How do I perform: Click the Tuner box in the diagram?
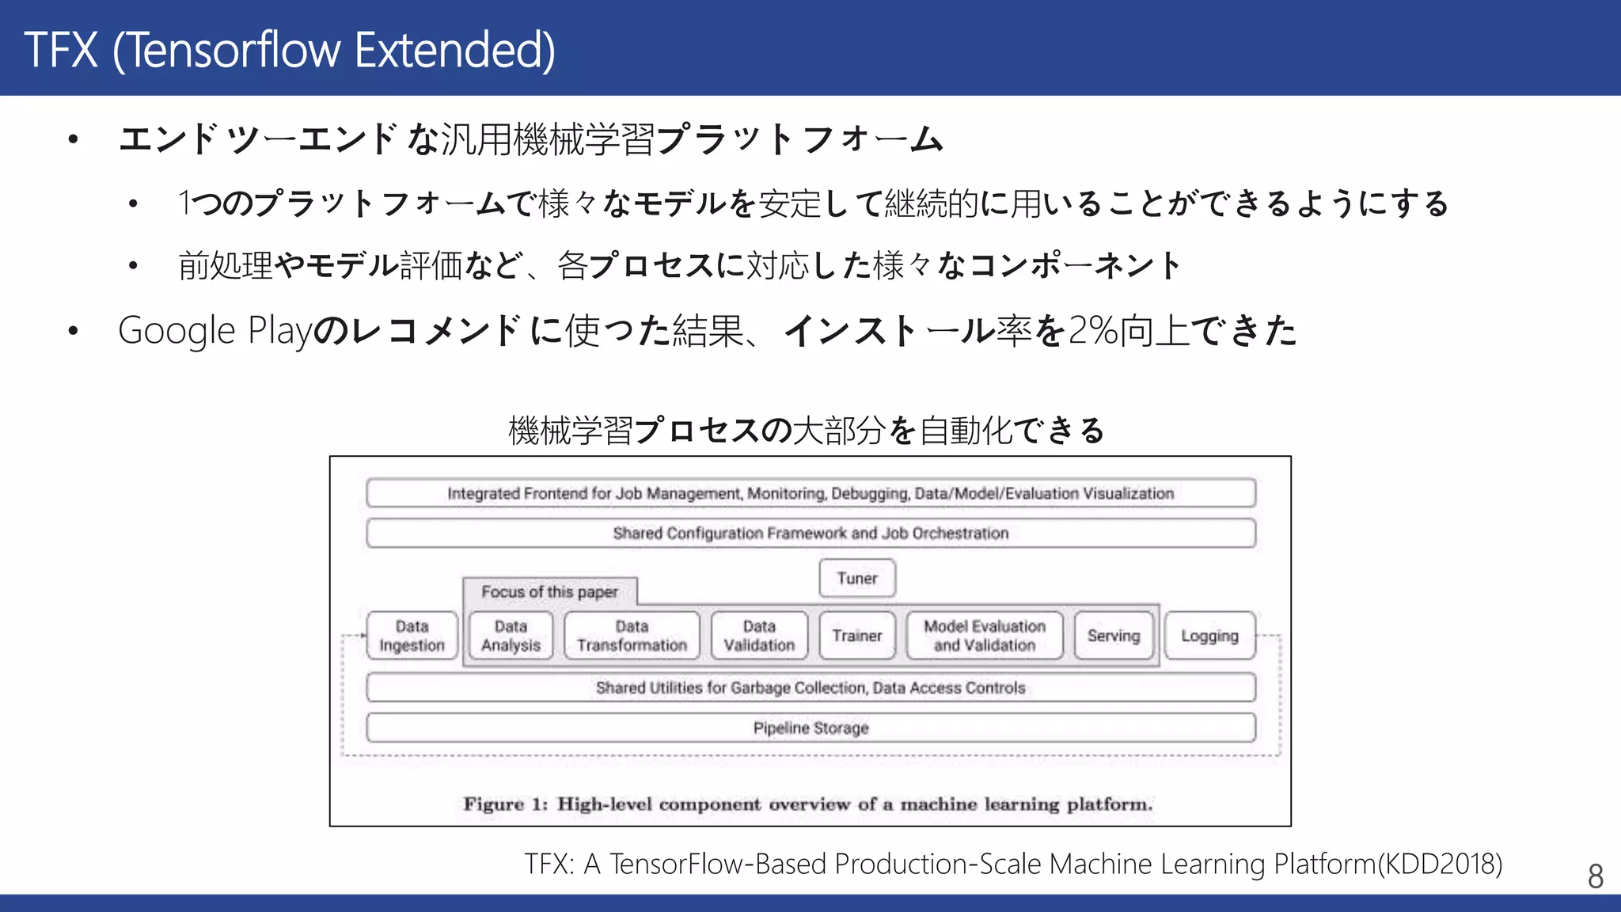857,578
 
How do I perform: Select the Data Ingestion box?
412,636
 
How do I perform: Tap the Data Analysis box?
511,636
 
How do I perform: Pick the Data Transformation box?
632,636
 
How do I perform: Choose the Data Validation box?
759,636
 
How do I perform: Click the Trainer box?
857,636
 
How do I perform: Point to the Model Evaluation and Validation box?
985,636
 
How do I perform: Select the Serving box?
1113,636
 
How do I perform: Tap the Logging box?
1209,636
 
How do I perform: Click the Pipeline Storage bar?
810,728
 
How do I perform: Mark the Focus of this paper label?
549,592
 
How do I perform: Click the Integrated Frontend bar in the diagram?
810,493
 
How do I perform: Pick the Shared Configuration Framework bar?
810,533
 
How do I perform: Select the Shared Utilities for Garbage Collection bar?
810,688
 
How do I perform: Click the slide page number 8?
1595,876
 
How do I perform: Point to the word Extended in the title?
454,49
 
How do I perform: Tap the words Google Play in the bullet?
215,330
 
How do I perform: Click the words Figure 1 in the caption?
505,804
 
